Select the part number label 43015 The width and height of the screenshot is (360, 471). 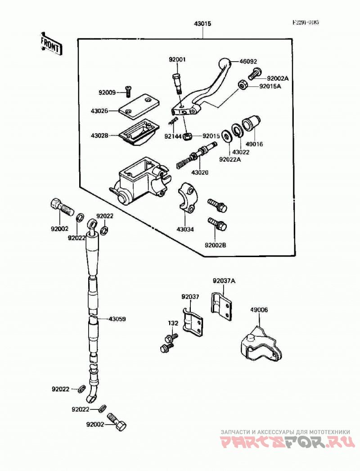[202, 23]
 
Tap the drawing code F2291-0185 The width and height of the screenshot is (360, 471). [306, 23]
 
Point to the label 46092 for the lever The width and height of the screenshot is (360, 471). [248, 62]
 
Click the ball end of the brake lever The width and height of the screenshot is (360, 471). [224, 63]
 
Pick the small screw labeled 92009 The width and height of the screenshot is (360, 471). [128, 90]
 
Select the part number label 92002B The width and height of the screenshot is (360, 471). [215, 245]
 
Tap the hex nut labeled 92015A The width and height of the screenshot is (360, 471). [242, 85]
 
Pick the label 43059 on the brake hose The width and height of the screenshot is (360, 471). [117, 319]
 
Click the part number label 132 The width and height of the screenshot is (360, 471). [173, 323]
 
